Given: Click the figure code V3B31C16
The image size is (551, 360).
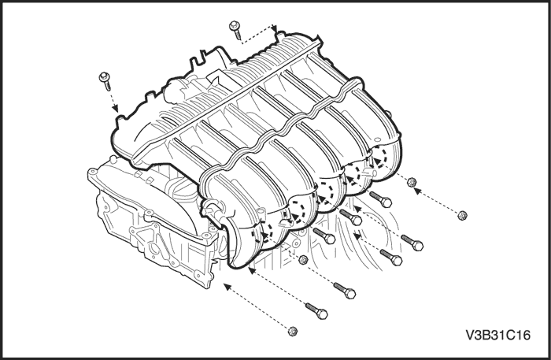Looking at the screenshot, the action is [x=498, y=335].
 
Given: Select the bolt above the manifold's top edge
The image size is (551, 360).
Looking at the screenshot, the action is [x=235, y=29].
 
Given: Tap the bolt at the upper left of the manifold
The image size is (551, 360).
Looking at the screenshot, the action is [x=105, y=81].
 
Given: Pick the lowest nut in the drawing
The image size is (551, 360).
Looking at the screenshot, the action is [x=292, y=331].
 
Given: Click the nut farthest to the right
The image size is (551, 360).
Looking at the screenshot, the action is [x=463, y=216].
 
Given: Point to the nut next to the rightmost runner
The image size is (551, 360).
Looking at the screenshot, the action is [x=412, y=182].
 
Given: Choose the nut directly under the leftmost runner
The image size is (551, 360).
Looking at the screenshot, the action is [x=303, y=260].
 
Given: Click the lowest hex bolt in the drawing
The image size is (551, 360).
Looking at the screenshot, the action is [x=316, y=311].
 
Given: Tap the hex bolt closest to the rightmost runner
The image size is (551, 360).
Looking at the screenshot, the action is [x=380, y=199].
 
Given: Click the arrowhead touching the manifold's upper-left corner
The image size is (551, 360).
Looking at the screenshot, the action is [x=115, y=108].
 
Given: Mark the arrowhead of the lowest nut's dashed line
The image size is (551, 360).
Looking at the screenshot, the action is [x=227, y=287].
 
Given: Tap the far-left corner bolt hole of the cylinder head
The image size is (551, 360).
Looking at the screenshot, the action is [x=92, y=173].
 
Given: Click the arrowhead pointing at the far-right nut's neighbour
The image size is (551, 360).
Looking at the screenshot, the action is [x=417, y=191].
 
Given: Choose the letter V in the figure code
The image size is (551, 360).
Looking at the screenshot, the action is [x=470, y=335].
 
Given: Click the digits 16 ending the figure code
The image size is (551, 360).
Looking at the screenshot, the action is [x=523, y=335].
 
